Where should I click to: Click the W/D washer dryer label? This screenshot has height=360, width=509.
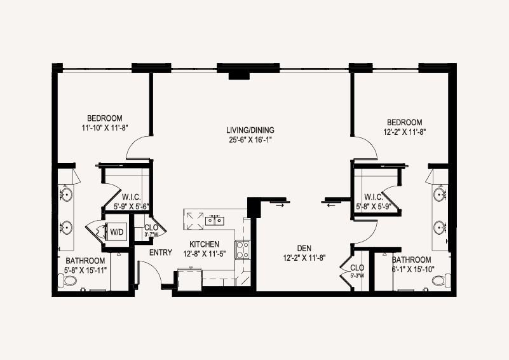click(117, 232)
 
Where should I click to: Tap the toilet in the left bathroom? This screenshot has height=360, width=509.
click(67, 280)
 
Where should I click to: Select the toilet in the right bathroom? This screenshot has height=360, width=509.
click(442, 280)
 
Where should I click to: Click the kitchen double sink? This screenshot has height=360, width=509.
click(215, 221)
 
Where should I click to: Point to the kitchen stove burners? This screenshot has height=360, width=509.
click(243, 249)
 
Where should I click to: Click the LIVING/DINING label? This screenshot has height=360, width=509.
click(250, 130)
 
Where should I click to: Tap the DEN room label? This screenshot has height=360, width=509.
click(304, 249)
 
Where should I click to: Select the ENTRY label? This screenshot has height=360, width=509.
click(161, 253)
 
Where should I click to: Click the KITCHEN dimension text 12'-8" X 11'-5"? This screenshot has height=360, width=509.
click(205, 254)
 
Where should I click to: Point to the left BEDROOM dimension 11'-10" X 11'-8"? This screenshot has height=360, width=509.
click(105, 128)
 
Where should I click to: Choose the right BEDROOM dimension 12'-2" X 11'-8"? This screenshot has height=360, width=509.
click(405, 132)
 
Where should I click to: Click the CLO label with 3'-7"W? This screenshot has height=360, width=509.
click(151, 230)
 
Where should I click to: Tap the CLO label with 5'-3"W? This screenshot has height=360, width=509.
click(357, 271)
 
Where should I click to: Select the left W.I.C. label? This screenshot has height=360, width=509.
click(132, 197)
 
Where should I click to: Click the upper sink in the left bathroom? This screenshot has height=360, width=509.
click(66, 194)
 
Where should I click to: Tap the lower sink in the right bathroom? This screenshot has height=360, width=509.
click(440, 228)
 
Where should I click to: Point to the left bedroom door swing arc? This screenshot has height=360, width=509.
click(136, 144)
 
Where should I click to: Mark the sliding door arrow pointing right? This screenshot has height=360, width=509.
click(280, 205)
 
